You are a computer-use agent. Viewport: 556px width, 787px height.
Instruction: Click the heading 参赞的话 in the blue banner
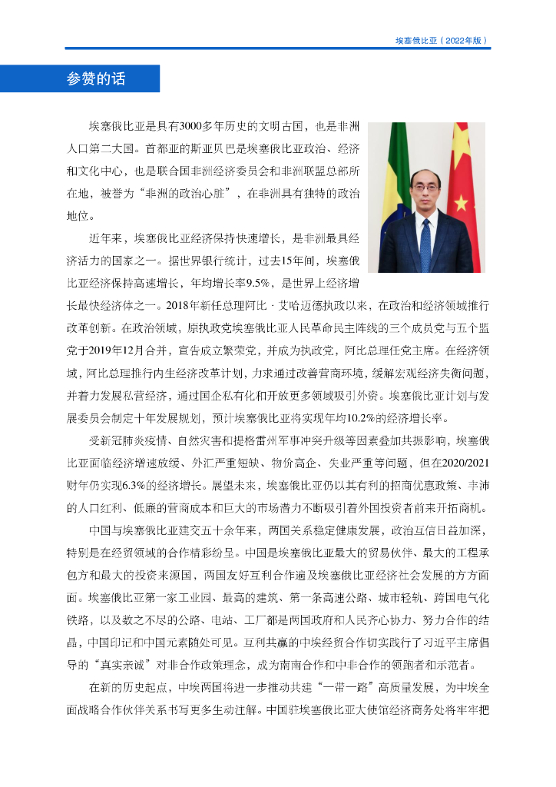(x=96, y=78)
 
